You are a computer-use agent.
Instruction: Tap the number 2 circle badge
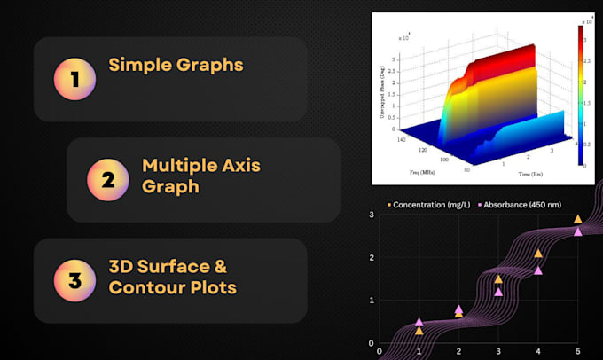pos(107,180)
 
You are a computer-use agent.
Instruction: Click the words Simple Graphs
pos(176,65)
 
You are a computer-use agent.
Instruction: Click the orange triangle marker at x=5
pos(577,219)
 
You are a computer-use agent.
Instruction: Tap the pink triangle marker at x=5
pos(577,231)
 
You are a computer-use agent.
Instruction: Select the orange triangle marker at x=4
pos(538,254)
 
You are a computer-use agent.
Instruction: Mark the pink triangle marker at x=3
pos(498,292)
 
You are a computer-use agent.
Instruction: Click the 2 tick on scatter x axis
pos(458,351)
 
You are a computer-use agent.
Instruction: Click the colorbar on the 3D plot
pos(580,95)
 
